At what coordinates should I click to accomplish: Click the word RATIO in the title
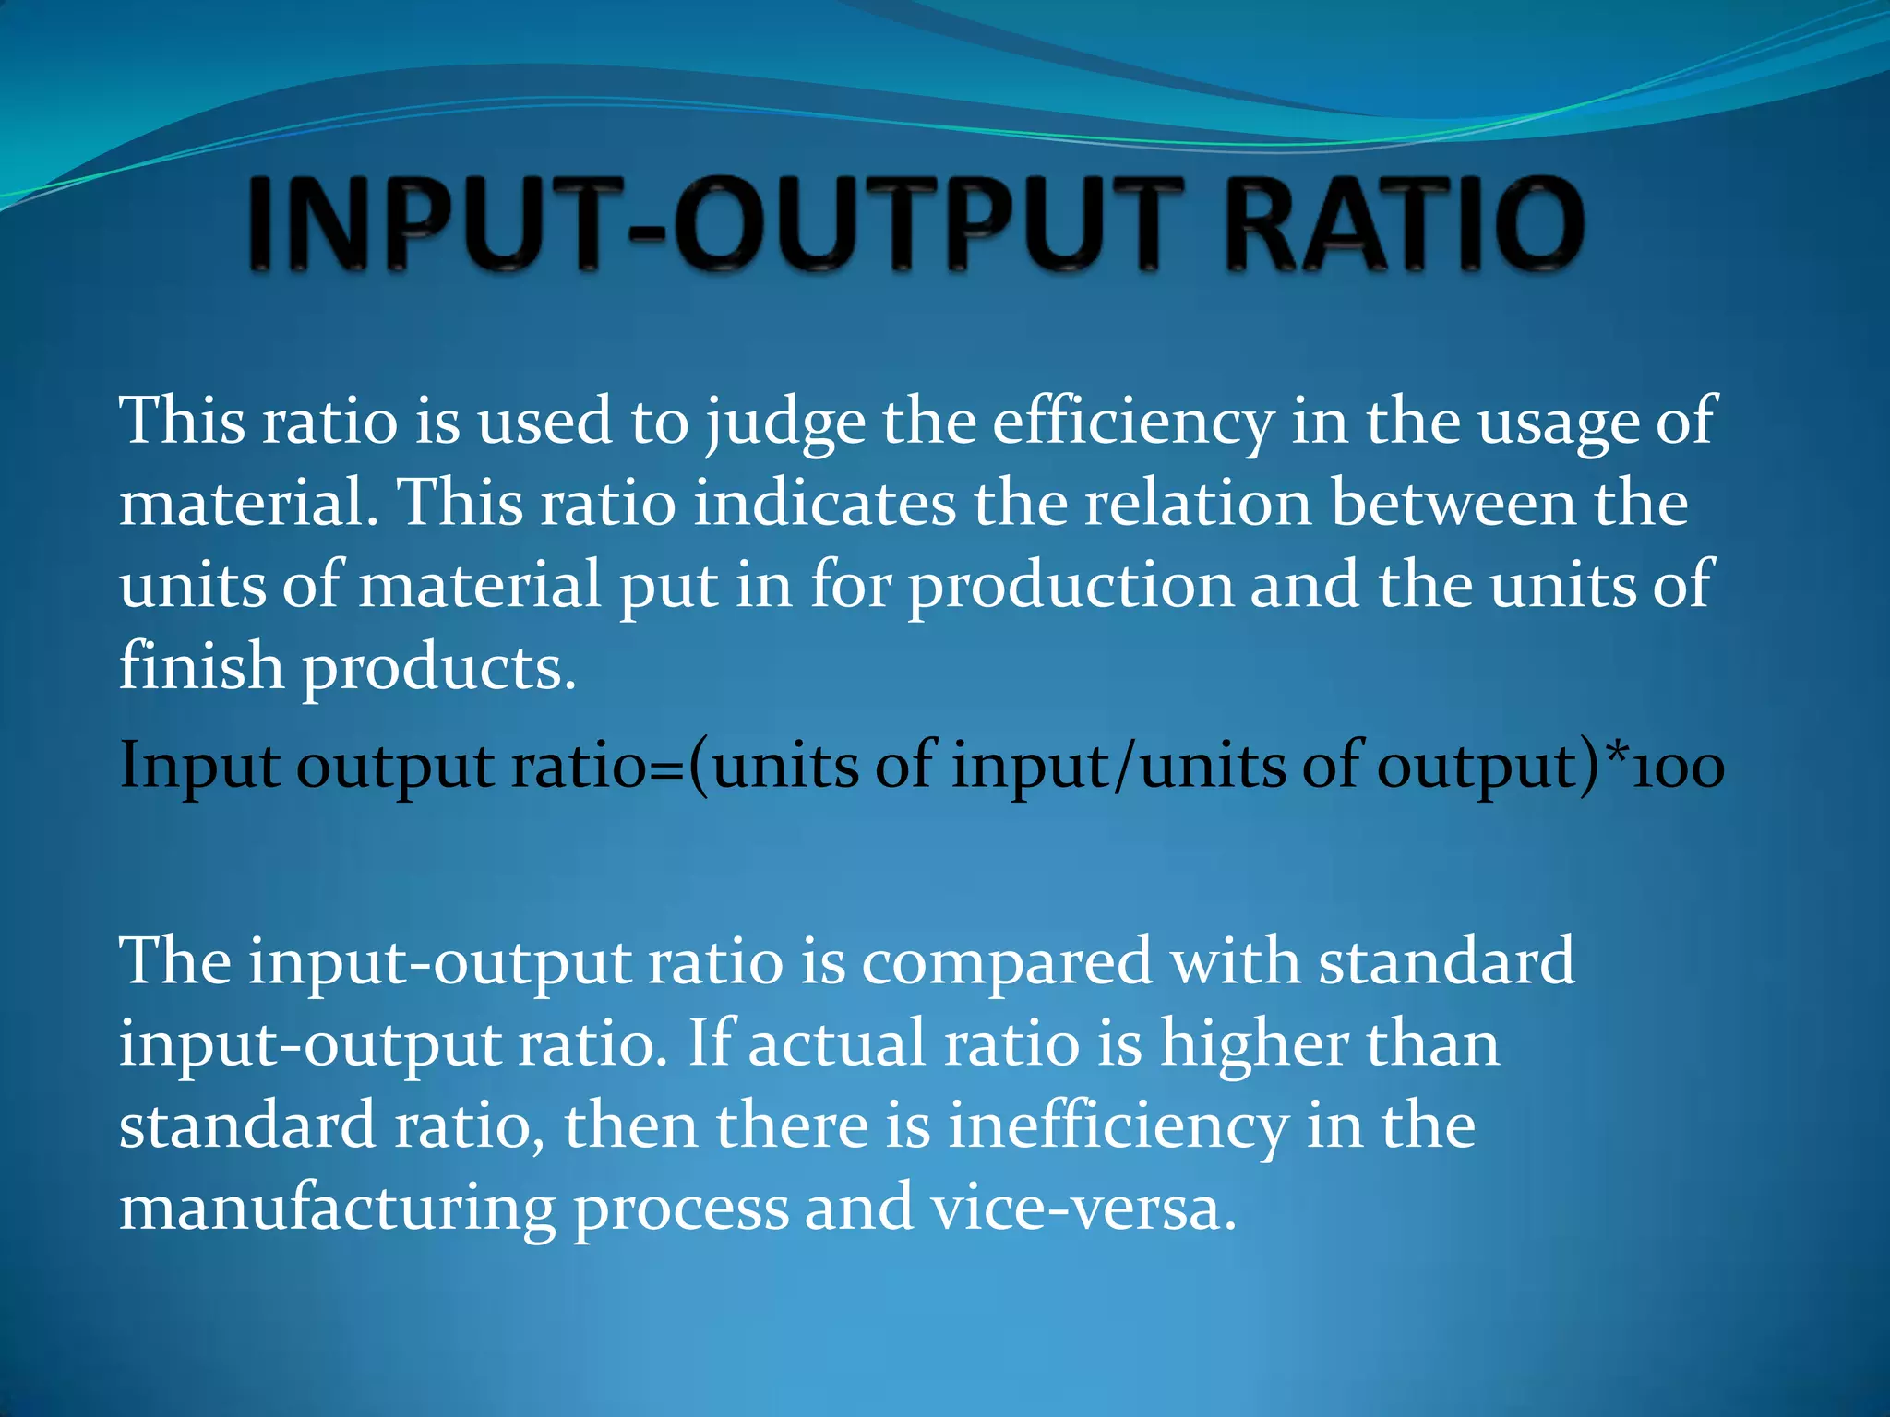1404,224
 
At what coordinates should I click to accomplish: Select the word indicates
825,504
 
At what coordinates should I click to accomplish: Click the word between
1453,504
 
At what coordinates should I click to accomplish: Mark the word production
1071,587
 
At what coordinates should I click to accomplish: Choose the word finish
201,666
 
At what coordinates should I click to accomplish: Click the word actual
836,1044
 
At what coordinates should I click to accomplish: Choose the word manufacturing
338,1209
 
